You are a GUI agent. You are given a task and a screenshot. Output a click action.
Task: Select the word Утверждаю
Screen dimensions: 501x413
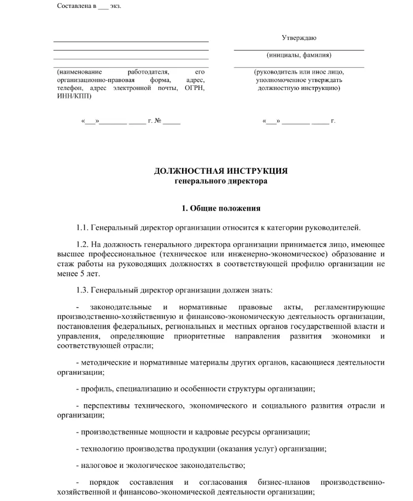(x=299, y=38)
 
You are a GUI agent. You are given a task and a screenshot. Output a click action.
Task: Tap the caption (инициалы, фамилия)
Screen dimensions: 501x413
(x=299, y=55)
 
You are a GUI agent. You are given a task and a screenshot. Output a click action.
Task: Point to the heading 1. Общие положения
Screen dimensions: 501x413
(x=221, y=208)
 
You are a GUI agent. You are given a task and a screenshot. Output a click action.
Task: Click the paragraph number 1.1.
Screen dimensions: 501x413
(x=83, y=228)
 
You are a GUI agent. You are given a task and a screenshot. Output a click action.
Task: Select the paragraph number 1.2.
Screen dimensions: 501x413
(x=83, y=245)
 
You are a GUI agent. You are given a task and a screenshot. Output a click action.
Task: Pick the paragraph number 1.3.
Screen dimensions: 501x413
(x=83, y=290)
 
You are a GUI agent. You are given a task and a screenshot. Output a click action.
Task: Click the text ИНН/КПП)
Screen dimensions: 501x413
(x=74, y=96)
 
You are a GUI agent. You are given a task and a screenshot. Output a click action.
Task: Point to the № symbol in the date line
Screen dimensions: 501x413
(x=157, y=122)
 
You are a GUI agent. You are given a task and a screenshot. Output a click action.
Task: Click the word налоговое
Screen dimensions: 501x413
(x=98, y=465)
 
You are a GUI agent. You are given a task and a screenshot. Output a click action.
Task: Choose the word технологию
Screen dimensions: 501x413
(x=100, y=449)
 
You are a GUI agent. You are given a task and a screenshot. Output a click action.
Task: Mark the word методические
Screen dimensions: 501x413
(x=106, y=363)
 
